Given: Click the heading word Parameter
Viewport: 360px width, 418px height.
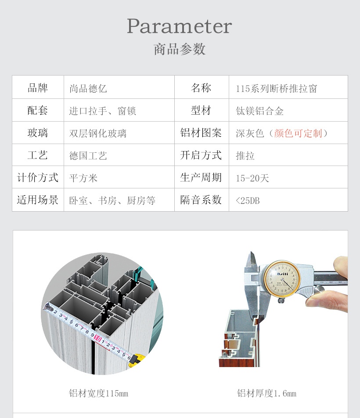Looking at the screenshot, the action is [179, 26].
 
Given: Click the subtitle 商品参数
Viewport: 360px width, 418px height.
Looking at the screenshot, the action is [179, 49].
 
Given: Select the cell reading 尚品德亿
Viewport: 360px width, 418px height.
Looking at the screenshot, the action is [88, 89].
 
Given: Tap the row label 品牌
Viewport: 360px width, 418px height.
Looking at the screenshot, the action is [38, 88].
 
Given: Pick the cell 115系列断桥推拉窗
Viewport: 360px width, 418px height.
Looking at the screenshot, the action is [276, 89].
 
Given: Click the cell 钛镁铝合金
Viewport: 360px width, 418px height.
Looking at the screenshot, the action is [259, 111].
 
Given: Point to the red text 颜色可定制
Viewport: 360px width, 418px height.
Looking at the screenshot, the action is [298, 133].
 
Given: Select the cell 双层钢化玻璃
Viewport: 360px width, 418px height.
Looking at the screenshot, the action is [98, 133].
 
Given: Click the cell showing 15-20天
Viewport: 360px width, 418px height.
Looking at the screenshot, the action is [252, 178].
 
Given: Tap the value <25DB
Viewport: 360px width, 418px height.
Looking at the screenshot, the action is [248, 201].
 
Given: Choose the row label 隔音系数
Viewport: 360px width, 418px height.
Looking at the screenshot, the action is [201, 200].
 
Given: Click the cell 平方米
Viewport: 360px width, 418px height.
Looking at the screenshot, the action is [83, 178].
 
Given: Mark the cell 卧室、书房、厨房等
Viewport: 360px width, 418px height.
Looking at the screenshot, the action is [112, 201].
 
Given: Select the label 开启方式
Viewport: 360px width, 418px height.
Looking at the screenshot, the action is [201, 155].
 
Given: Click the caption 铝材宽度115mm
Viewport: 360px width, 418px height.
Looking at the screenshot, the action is [99, 393].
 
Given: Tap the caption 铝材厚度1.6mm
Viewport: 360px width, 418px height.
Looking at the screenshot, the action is [267, 393].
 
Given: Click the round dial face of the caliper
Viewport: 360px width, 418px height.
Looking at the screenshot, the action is [282, 279].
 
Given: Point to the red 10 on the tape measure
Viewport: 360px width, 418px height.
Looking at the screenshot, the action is [98, 339].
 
